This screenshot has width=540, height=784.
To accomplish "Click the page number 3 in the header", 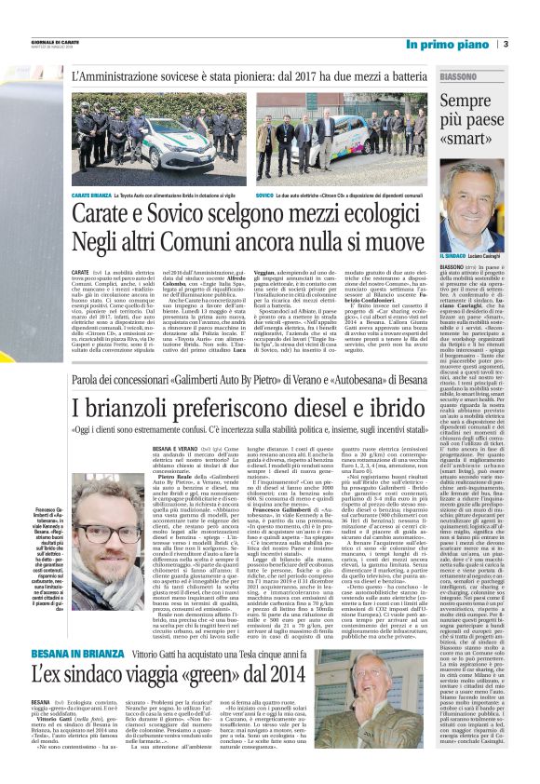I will point(505,44).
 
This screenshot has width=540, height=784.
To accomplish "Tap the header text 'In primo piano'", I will point(447,44).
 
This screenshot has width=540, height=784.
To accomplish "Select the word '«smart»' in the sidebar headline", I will point(471,140).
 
